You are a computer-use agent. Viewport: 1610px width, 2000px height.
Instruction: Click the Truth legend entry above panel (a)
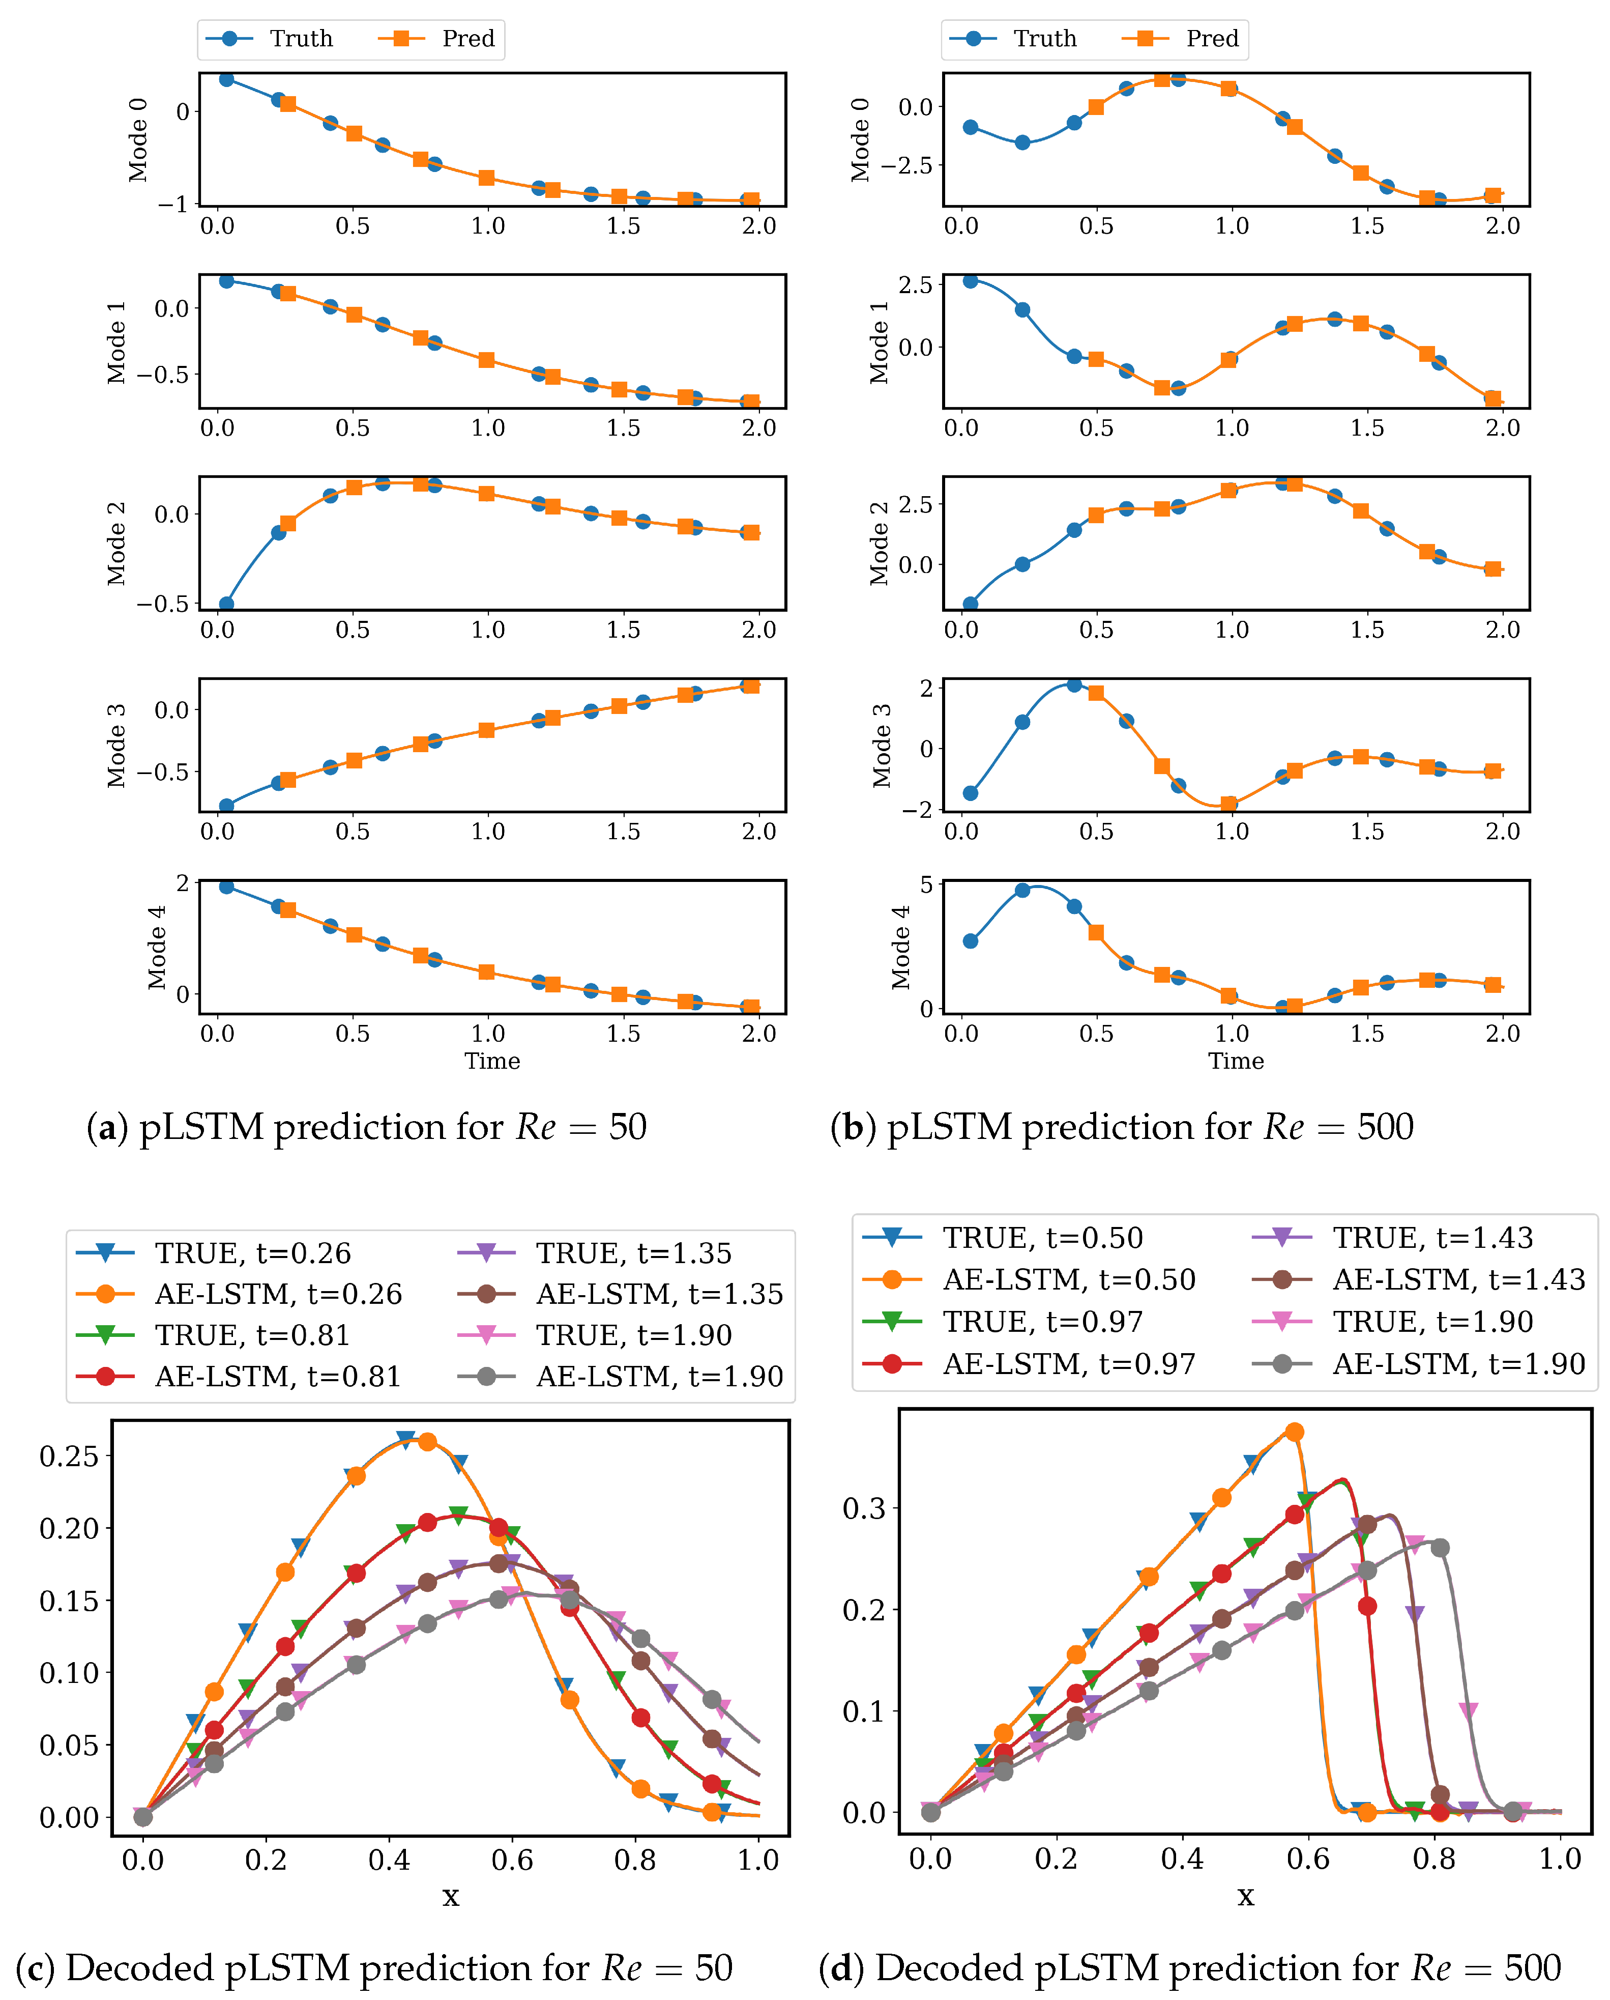point(269,39)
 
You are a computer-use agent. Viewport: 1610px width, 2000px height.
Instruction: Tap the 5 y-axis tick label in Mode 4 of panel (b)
point(926,885)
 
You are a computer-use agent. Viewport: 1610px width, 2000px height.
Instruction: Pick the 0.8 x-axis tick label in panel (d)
point(1434,1859)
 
